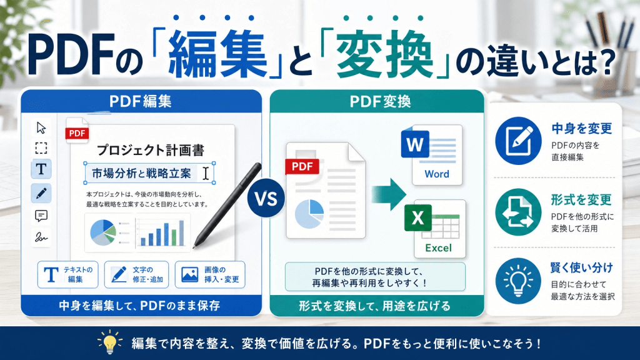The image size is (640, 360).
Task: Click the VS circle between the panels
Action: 266,198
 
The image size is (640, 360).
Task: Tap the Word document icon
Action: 432,155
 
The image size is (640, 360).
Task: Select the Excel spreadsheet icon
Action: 435,229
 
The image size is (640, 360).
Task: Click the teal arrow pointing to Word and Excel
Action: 389,194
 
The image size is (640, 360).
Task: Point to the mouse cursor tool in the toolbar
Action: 41,127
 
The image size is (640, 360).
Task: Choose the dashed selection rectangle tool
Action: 41,147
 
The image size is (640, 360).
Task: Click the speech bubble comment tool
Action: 41,216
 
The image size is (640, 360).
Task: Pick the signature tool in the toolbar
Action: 41,237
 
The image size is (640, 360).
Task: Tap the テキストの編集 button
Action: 67,275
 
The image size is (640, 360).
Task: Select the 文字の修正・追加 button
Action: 136,275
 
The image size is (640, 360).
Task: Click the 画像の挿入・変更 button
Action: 210,275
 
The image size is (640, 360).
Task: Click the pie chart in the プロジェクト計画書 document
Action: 103,232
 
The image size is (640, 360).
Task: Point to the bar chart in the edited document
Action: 162,233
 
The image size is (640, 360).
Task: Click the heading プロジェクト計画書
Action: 151,150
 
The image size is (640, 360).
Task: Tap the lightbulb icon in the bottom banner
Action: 110,342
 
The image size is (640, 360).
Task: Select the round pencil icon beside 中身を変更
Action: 518,141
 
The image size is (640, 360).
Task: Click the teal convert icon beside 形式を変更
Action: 518,212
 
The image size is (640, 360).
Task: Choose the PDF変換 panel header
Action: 377,101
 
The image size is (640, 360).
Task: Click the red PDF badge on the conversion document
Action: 302,166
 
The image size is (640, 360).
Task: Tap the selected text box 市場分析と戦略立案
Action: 149,174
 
